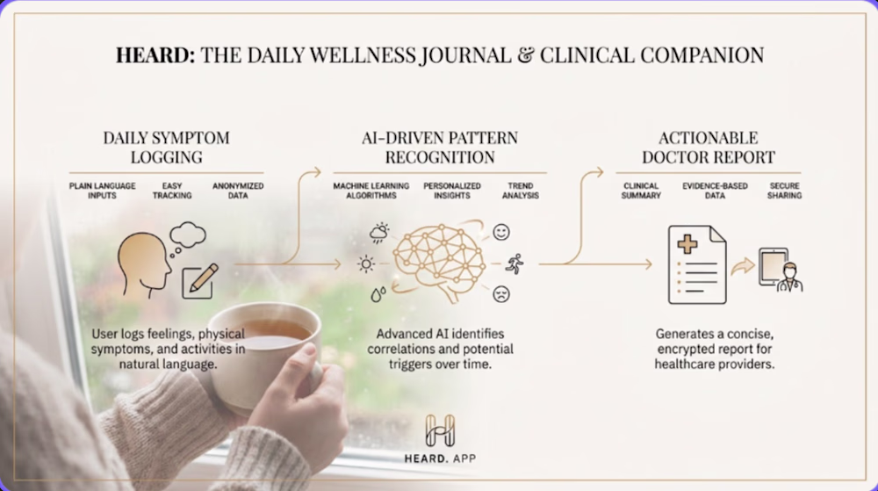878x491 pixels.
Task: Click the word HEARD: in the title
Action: coord(155,55)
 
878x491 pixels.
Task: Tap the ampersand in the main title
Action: coord(526,55)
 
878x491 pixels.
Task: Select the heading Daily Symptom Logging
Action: coord(166,148)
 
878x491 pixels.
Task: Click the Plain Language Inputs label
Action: coord(103,191)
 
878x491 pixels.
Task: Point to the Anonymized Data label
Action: coord(238,191)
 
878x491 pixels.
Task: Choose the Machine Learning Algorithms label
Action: coord(371,191)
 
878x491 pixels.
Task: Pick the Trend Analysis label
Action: coord(520,191)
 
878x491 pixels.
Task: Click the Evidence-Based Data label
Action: coord(715,191)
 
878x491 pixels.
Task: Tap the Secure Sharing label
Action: coord(784,191)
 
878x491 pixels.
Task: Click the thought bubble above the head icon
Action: coord(187,237)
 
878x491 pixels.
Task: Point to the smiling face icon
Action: coord(501,232)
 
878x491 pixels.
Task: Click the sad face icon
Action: coord(501,294)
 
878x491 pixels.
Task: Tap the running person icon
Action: coord(515,264)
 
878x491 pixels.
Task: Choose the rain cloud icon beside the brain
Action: coord(379,233)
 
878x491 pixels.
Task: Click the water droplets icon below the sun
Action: coord(378,294)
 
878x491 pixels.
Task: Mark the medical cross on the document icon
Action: coord(687,244)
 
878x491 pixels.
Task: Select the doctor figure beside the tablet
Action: coord(789,278)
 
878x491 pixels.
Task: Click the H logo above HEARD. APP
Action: coord(440,430)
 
